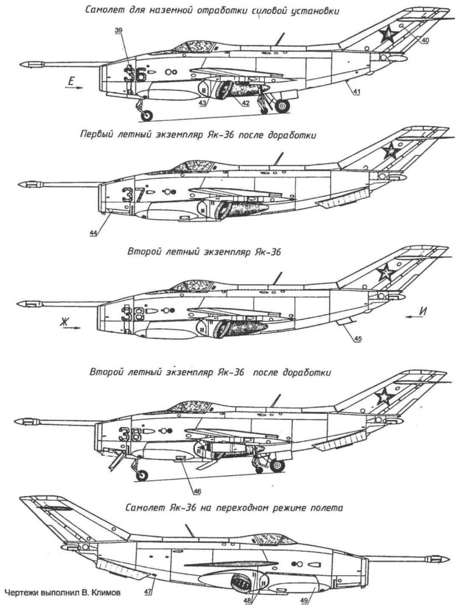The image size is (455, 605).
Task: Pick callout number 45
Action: [x=356, y=336]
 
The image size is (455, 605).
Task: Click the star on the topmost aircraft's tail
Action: [x=386, y=36]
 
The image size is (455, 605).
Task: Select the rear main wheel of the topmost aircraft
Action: [x=283, y=105]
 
